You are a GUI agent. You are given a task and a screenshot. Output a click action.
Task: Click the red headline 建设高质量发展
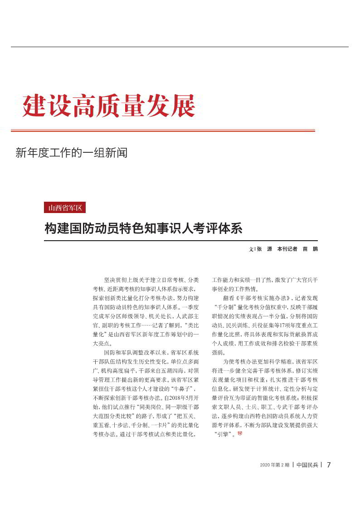(x=109, y=106)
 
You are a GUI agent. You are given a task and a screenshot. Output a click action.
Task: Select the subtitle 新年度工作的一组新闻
(x=71, y=153)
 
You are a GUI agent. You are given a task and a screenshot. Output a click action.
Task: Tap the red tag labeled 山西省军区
(x=64, y=208)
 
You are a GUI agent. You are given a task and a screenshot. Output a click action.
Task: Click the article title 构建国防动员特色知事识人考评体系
(x=143, y=228)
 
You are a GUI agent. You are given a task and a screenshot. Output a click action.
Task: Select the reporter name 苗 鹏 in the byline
(x=310, y=249)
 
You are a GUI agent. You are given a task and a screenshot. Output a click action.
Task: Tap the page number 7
(x=329, y=465)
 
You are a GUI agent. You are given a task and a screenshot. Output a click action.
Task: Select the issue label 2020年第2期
(x=275, y=465)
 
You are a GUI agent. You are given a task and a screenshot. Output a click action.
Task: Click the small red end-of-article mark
(x=240, y=434)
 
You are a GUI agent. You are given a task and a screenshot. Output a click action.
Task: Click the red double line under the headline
(x=163, y=131)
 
